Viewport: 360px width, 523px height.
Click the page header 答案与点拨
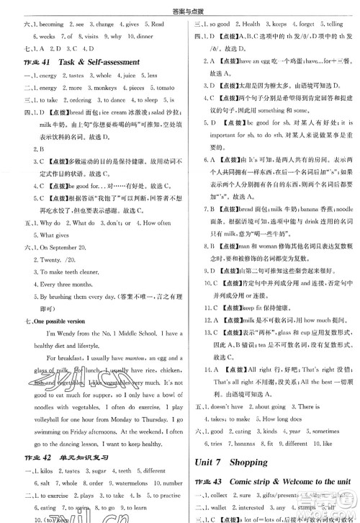(x=179, y=7)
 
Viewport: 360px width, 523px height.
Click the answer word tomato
(x=165, y=88)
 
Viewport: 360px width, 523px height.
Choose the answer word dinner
(x=154, y=35)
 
